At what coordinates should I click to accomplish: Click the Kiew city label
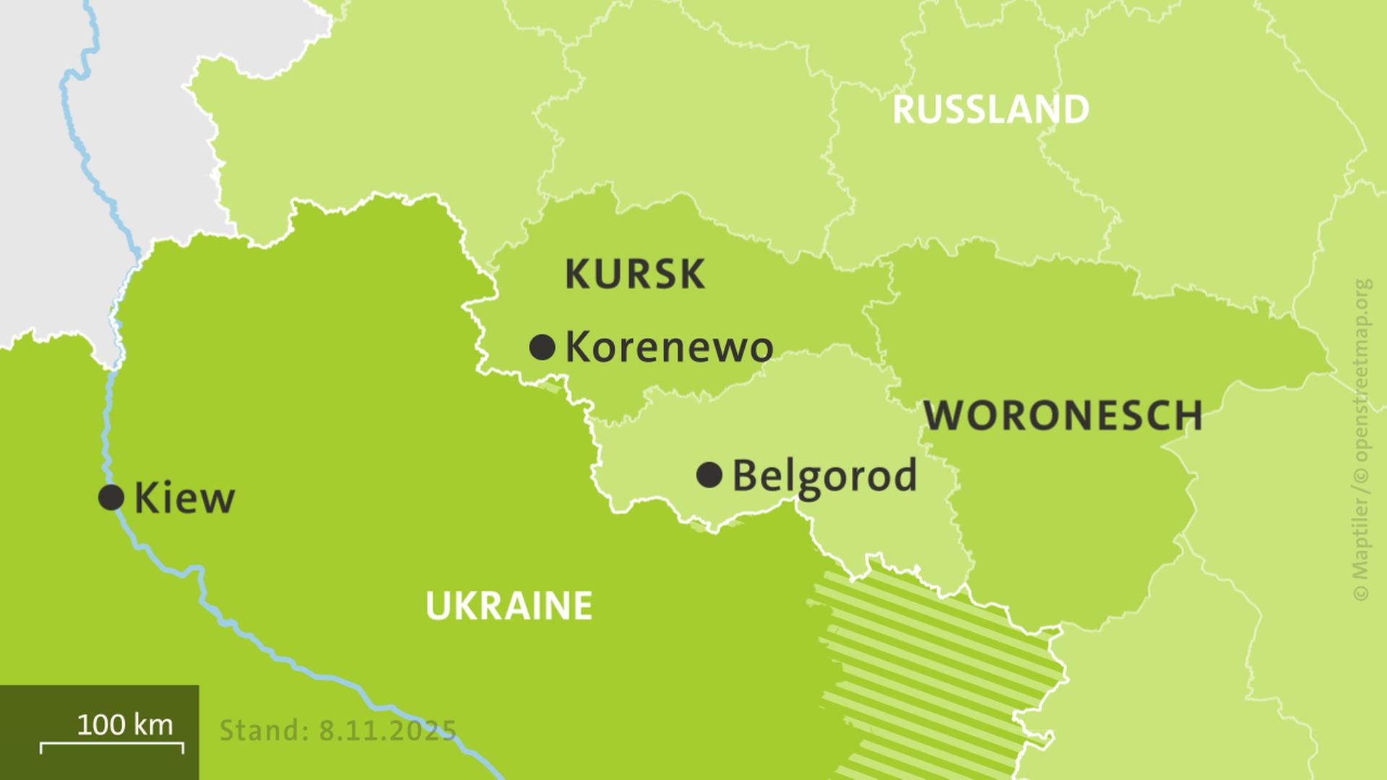[184, 498]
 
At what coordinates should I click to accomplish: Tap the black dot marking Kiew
[111, 497]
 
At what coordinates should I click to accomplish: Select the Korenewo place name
[669, 347]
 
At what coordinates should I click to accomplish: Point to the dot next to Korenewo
[542, 347]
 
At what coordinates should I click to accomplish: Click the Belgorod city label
[824, 477]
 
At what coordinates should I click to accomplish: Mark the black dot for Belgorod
[709, 475]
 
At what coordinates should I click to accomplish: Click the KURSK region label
[634, 274]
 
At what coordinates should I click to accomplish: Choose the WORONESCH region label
[1063, 416]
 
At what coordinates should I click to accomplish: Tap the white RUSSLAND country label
[990, 110]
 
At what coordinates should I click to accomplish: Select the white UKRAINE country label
[509, 605]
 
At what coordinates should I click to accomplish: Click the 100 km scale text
[124, 724]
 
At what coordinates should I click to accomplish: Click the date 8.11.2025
[388, 730]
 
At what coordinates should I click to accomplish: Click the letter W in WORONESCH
[943, 416]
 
